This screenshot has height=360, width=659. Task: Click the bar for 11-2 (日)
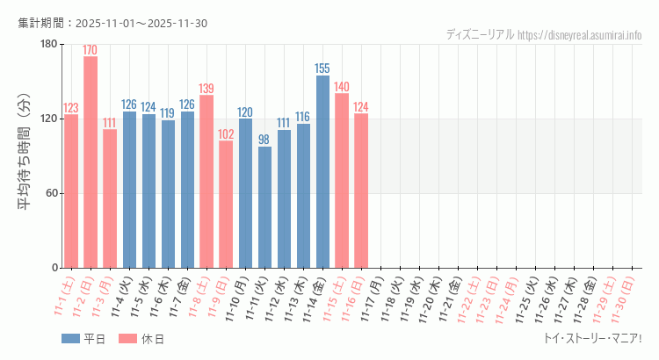click(91, 162)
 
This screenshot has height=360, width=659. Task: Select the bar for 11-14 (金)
click(322, 171)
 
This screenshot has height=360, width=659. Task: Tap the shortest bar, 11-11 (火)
click(264, 207)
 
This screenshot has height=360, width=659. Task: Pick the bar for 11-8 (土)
click(206, 181)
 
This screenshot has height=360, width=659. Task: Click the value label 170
click(91, 50)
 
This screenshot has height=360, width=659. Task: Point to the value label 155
click(322, 68)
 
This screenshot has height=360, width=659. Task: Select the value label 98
click(264, 140)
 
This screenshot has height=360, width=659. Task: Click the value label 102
click(226, 134)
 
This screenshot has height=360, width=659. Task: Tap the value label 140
click(342, 87)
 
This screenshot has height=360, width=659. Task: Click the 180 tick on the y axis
click(48, 45)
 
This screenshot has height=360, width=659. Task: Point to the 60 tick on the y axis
click(51, 193)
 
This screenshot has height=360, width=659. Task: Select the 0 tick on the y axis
click(54, 268)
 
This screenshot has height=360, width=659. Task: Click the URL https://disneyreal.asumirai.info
click(579, 35)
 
